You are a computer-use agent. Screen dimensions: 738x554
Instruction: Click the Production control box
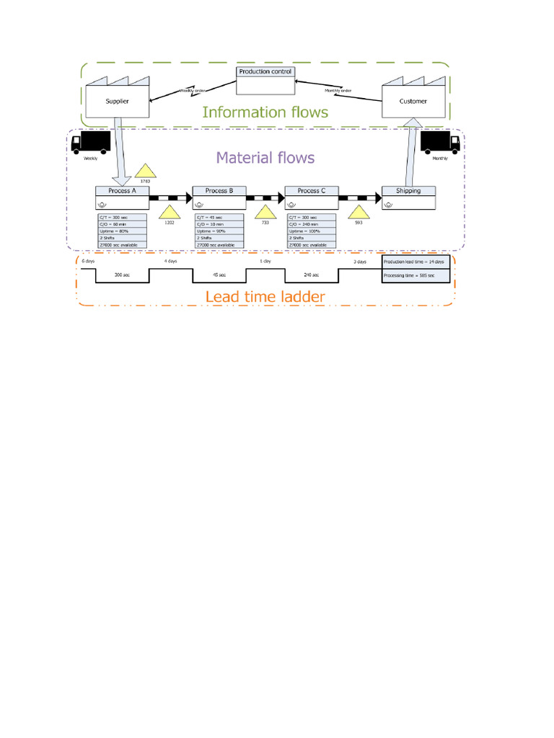[x=266, y=80]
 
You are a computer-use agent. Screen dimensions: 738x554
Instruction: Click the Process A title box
[x=122, y=191]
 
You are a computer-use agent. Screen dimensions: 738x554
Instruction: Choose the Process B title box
[x=219, y=191]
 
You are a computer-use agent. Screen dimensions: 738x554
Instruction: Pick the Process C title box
[x=312, y=191]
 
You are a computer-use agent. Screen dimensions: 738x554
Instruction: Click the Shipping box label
[x=408, y=191]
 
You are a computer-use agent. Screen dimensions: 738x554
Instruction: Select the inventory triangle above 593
[x=359, y=213]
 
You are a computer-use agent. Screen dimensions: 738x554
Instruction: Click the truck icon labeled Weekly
[x=91, y=142]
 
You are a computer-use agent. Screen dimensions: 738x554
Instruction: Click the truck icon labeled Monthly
[x=440, y=142]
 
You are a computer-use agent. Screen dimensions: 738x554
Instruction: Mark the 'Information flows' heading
[x=265, y=112]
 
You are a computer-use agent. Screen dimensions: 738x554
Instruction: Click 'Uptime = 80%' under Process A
[x=121, y=231]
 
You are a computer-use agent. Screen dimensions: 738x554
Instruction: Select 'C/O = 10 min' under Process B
[x=219, y=223]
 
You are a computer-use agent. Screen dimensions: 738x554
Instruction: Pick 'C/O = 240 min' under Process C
[x=312, y=223]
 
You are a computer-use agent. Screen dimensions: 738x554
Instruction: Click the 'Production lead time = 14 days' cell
[x=415, y=262]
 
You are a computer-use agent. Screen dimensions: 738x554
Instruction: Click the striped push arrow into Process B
[x=171, y=197]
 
